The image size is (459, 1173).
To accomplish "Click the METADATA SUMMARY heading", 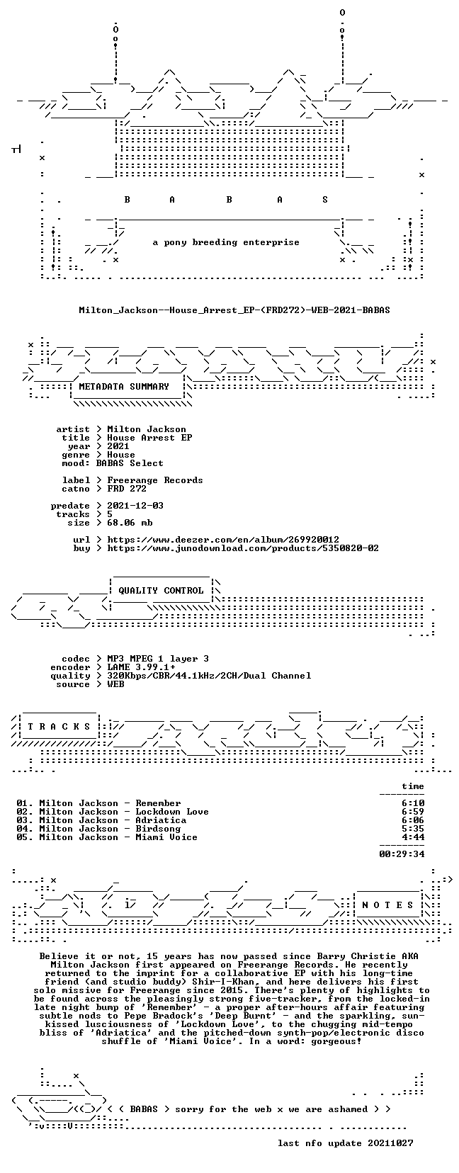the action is click(x=124, y=387).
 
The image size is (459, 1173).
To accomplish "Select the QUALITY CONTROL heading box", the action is click(x=161, y=591).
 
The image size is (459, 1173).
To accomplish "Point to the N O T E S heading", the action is click(x=388, y=905).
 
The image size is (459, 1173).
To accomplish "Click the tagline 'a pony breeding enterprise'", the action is click(x=226, y=242).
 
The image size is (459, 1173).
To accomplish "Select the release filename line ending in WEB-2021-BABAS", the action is click(x=234, y=310).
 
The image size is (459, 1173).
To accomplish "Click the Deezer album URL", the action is click(x=223, y=539).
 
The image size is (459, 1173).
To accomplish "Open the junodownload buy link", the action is click(x=243, y=548).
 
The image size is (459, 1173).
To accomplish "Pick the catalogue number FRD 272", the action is click(x=127, y=489).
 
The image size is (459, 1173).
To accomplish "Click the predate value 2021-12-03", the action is click(x=135, y=506).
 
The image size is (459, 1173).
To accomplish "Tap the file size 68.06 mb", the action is click(x=130, y=523).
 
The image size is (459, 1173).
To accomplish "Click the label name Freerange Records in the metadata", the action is click(x=155, y=480).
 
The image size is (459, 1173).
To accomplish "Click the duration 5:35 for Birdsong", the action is click(x=413, y=829).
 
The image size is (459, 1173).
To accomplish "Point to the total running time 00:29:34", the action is click(x=402, y=854).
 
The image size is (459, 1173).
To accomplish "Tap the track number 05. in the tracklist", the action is click(x=25, y=837).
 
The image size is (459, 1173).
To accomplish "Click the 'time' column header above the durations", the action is click(x=413, y=786).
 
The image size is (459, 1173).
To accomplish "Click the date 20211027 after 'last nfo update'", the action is click(x=390, y=1143).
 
